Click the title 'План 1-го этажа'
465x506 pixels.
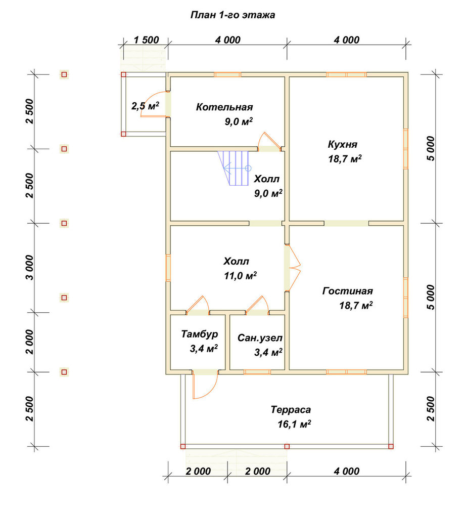[x=232, y=15]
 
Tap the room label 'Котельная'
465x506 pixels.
[x=224, y=107]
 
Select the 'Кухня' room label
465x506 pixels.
[x=343, y=144]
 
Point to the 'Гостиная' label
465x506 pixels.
[x=347, y=291]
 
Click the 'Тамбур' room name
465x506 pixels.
[x=200, y=334]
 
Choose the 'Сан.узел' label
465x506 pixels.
[x=260, y=338]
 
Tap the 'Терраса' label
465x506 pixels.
[x=291, y=410]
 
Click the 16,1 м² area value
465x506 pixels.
[x=294, y=424]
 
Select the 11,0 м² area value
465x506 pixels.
[x=241, y=276]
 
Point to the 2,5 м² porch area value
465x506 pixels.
[x=146, y=106]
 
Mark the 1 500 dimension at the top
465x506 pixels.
[x=146, y=40]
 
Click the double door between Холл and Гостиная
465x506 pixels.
[x=292, y=268]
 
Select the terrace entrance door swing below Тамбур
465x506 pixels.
[x=204, y=385]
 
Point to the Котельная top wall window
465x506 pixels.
[x=227, y=74]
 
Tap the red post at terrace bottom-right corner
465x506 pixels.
[x=391, y=447]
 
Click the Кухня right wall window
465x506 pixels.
[x=406, y=149]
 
